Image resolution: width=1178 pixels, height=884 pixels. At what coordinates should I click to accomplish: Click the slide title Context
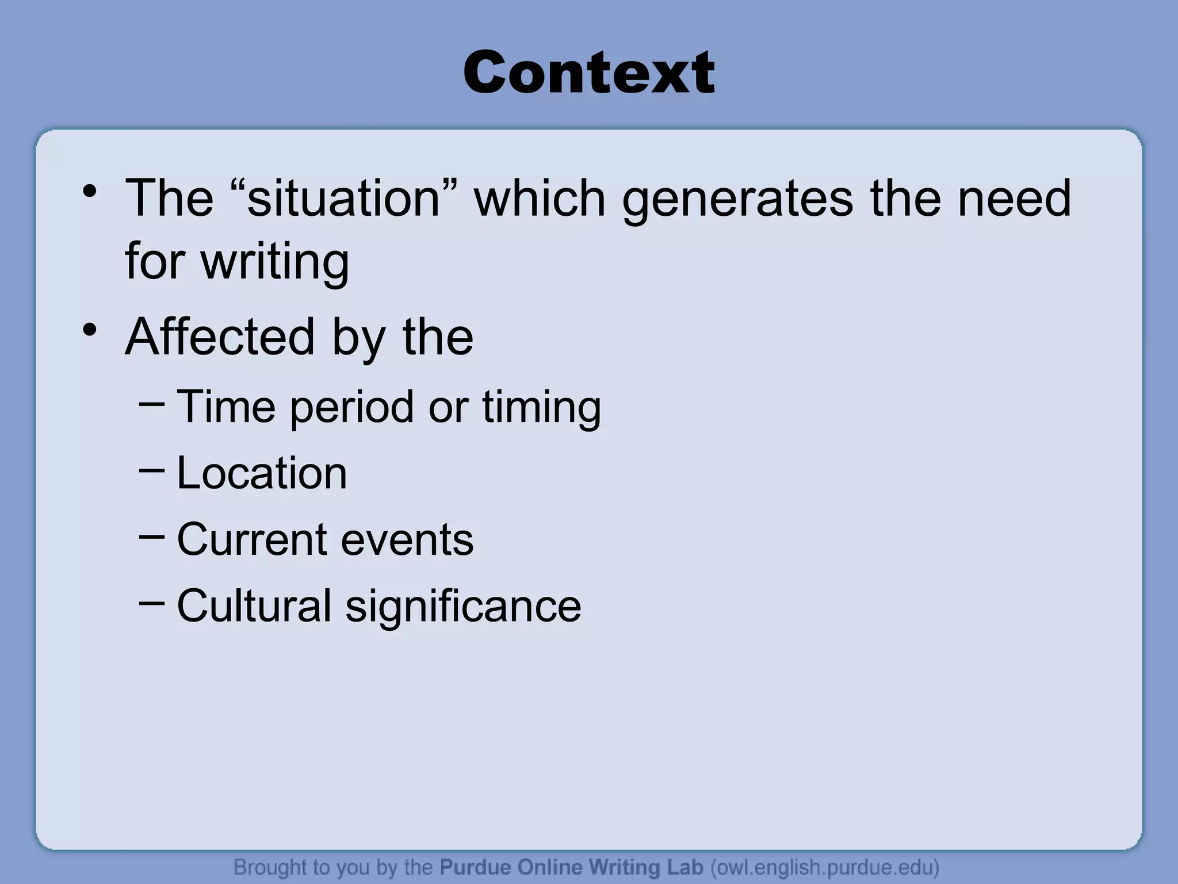pos(588,73)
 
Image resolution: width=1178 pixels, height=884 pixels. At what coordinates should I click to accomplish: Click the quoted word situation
pos(344,198)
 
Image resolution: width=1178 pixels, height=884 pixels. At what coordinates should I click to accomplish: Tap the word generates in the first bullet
pos(737,198)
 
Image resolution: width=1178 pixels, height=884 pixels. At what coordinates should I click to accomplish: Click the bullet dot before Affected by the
pos(89,330)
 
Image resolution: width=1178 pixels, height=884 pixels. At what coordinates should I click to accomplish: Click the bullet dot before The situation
pos(89,192)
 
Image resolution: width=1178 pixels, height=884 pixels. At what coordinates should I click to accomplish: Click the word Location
pos(262,473)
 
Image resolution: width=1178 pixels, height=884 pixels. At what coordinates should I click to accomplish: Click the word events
pos(407,540)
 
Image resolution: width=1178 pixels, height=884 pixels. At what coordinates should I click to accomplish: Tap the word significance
pos(464,606)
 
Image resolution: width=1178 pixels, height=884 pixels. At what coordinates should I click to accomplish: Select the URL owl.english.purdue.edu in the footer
pos(825,867)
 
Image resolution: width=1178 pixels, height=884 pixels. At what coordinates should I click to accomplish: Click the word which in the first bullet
pos(540,198)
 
